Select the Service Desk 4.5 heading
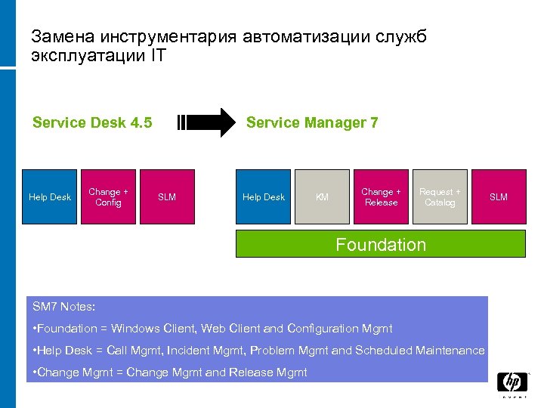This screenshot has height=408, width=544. pyautogui.click(x=92, y=122)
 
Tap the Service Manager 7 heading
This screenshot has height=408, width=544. pyautogui.click(x=312, y=122)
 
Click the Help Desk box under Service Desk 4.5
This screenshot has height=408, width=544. pyautogui.click(x=50, y=197)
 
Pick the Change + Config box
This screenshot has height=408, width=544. pyautogui.click(x=108, y=197)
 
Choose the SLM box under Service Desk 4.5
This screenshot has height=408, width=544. pyautogui.click(x=167, y=197)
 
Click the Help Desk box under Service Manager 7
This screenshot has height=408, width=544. pyautogui.click(x=264, y=197)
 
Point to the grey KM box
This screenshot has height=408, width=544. pyautogui.click(x=322, y=197)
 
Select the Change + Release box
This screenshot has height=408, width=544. pyautogui.click(x=381, y=197)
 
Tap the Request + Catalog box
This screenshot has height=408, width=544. pyautogui.click(x=440, y=197)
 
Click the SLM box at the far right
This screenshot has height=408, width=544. pyautogui.click(x=499, y=197)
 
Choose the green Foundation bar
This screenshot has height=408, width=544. pyautogui.click(x=381, y=245)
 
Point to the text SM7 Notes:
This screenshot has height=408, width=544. pyautogui.click(x=64, y=307)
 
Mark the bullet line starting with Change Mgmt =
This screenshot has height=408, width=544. pyautogui.click(x=170, y=372)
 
